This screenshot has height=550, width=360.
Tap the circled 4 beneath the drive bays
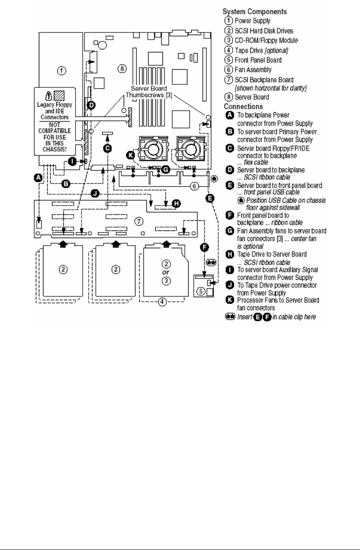click(162, 313)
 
